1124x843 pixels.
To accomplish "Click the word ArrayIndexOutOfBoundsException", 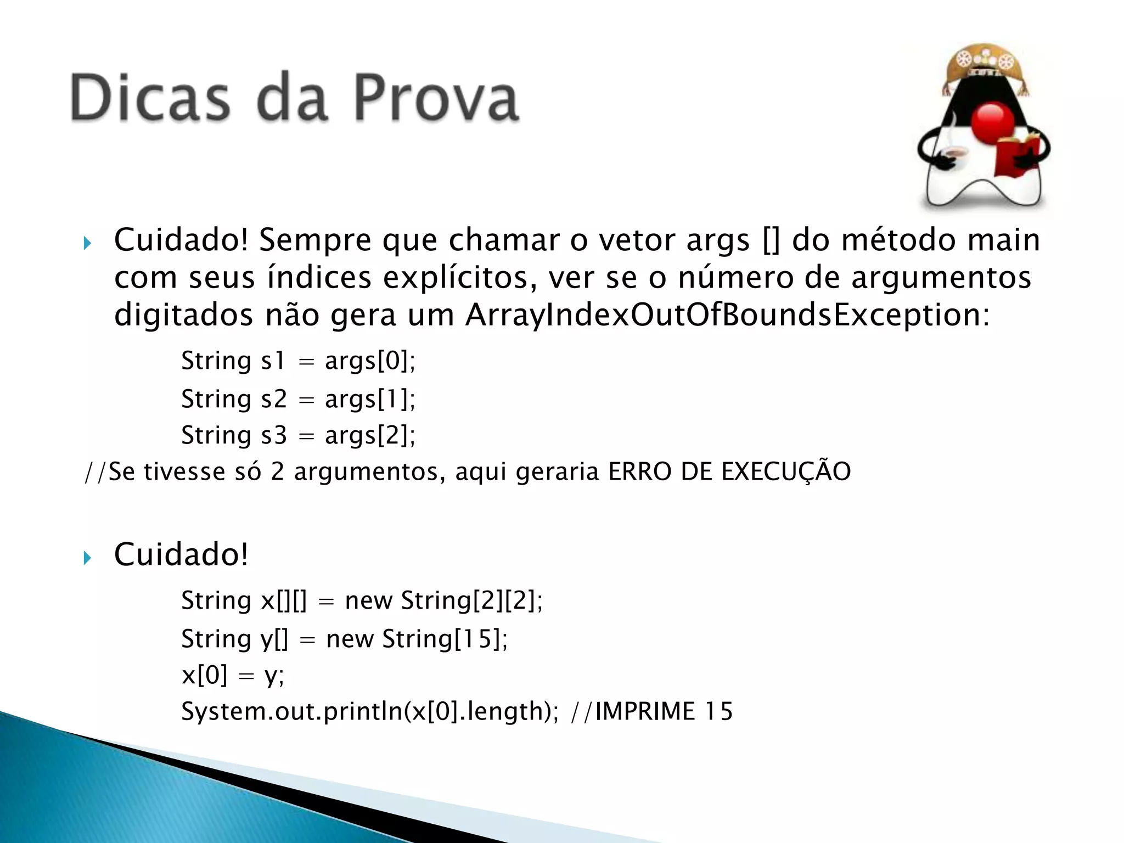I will tap(727, 315).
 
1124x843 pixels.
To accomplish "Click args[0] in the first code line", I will tap(370, 361).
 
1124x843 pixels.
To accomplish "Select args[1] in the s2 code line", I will tap(370, 399).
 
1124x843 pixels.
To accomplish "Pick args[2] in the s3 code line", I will tap(370, 435).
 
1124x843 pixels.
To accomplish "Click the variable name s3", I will tap(273, 435).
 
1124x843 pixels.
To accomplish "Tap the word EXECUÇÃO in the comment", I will tap(785, 472).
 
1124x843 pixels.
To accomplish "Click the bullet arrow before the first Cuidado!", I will tap(87, 243).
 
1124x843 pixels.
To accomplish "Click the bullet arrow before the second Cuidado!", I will tap(87, 558).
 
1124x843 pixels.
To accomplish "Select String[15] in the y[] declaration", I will tap(444, 639).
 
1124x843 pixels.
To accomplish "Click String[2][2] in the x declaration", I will tap(471, 600).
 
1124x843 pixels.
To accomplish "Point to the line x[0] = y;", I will tap(233, 675).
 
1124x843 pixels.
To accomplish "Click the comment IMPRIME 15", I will tap(664, 711).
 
